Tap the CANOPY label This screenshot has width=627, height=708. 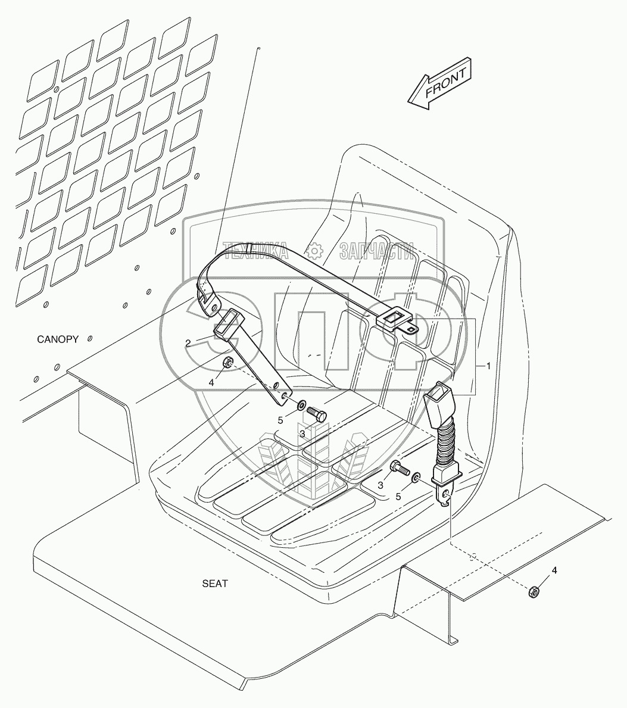(58, 339)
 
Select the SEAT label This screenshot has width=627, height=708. (214, 584)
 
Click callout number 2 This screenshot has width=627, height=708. (188, 343)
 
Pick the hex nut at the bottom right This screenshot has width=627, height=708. (535, 591)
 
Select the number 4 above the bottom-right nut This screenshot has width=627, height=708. (554, 570)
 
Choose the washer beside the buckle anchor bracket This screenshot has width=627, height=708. (416, 477)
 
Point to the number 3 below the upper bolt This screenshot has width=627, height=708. (302, 433)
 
